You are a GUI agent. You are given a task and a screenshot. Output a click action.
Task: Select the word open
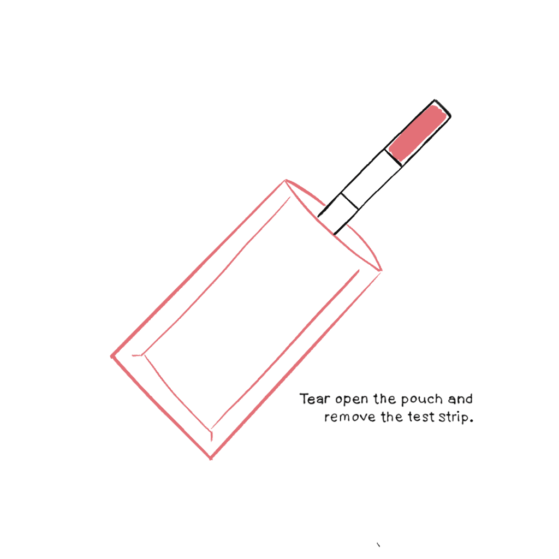pyautogui.click(x=351, y=400)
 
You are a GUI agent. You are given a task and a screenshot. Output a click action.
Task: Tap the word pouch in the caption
pyautogui.click(x=421, y=400)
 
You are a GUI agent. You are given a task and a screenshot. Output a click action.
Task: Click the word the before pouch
pyautogui.click(x=384, y=399)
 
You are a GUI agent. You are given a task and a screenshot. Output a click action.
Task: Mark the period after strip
pyautogui.click(x=470, y=421)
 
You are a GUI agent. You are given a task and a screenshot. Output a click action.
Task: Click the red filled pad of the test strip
pyautogui.click(x=417, y=132)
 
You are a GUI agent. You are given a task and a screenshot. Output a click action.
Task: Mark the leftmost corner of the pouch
pyautogui.click(x=112, y=356)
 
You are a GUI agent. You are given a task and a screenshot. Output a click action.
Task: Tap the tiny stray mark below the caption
pyautogui.click(x=378, y=544)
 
